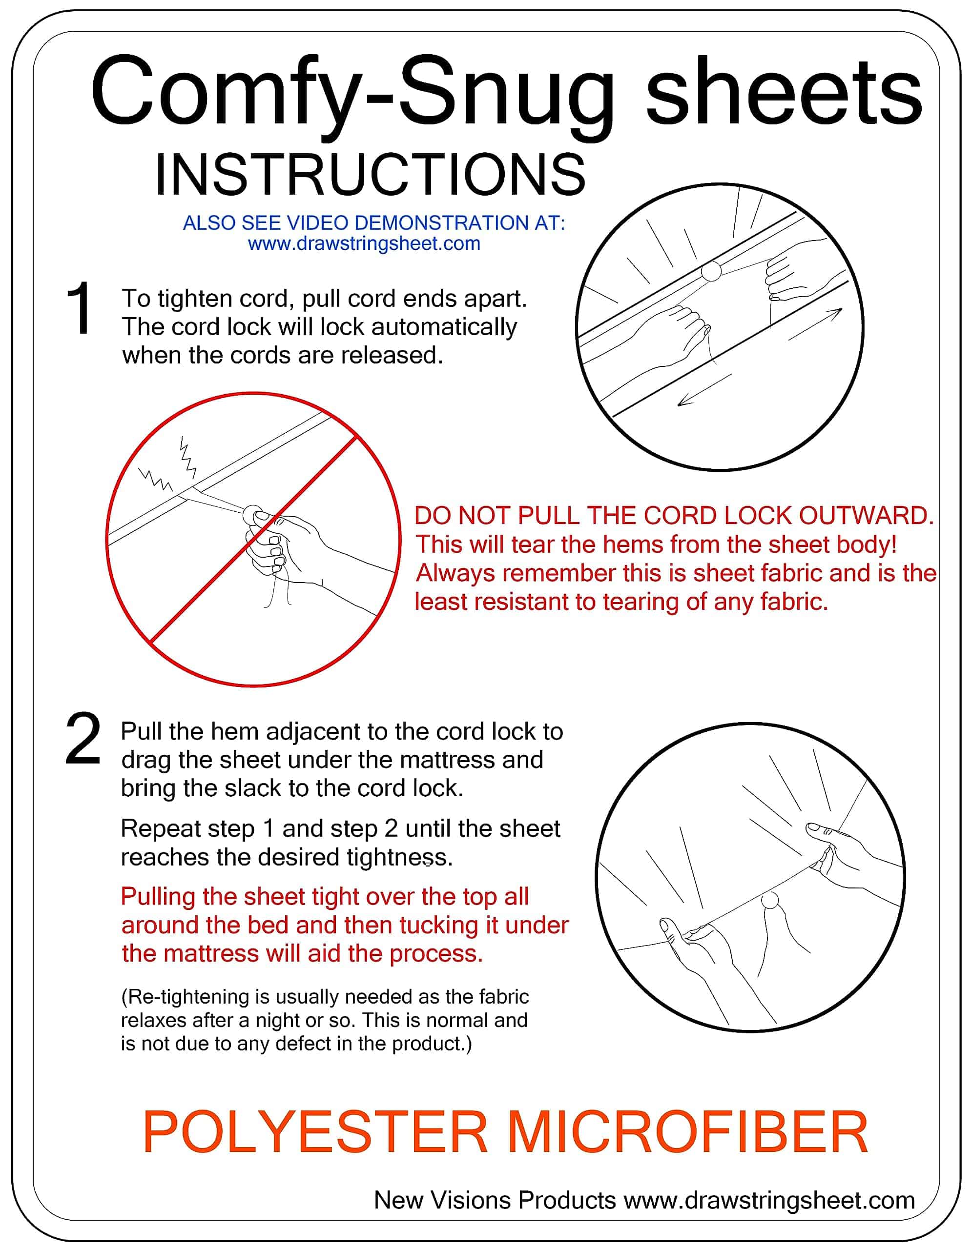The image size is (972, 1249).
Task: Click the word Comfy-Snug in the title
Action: tap(352, 94)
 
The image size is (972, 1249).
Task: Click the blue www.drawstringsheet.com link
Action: tap(364, 243)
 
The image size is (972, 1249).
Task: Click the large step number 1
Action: tap(79, 308)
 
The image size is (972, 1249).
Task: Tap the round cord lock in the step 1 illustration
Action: tap(711, 271)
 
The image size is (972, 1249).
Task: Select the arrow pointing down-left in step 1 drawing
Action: tap(704, 391)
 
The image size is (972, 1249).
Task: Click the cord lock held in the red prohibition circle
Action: tap(252, 515)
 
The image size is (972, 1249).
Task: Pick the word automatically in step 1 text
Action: tap(444, 327)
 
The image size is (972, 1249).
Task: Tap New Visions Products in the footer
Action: tap(495, 1200)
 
